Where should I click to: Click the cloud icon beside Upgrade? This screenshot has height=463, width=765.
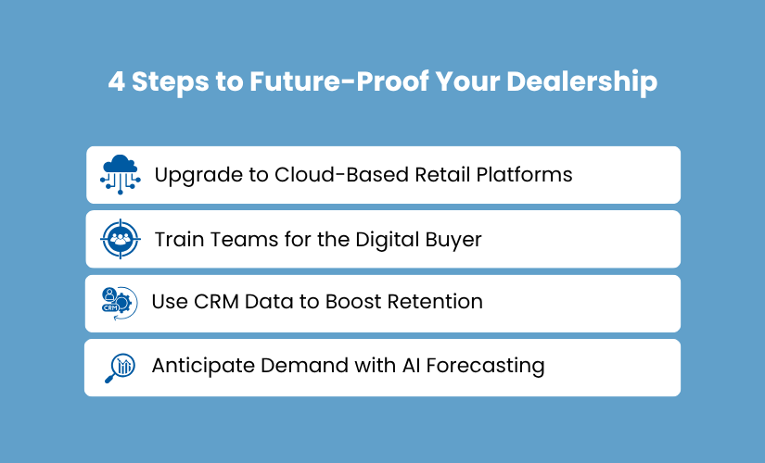pos(121,173)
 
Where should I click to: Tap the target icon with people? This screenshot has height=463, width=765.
pos(120,239)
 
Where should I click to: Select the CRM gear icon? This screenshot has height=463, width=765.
pos(120,303)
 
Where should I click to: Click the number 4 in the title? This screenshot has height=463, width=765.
pos(117,81)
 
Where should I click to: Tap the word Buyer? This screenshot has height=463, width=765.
pos(455,240)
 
